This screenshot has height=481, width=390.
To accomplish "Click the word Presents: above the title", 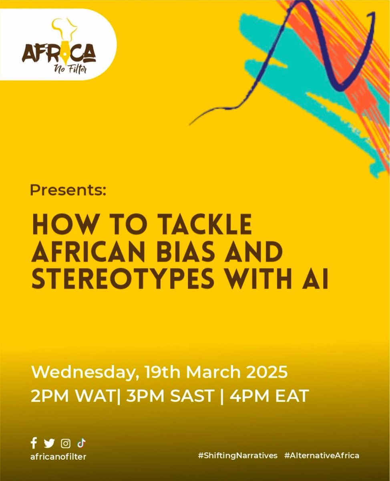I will coord(68,190).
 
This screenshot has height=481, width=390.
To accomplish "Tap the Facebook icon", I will coord(34,443).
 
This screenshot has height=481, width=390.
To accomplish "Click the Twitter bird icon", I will coord(49,443).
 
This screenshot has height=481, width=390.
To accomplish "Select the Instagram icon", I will coord(66,443).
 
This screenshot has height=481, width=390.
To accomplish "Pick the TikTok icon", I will coord(81,443).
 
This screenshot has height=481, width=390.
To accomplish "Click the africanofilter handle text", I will coord(58,456).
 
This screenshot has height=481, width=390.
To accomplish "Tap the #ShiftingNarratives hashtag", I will coord(237,456).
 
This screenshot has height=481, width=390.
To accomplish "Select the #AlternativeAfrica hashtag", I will coord(322,456).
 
